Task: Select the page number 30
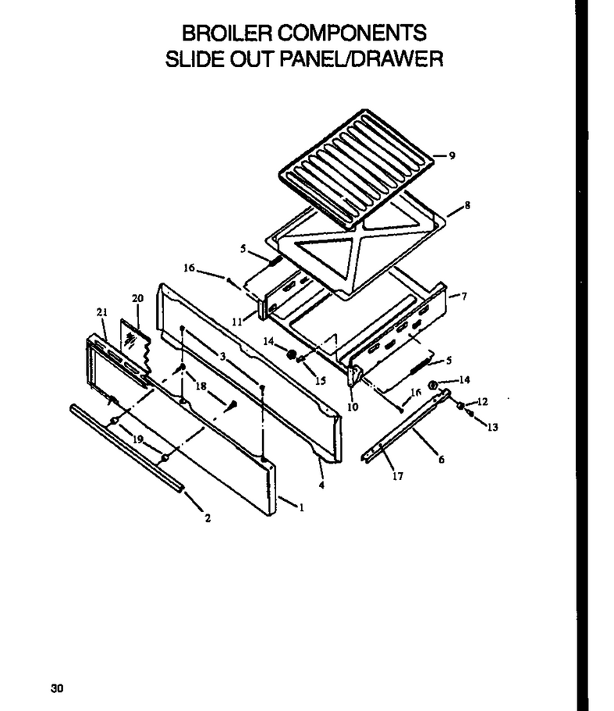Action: tap(57, 688)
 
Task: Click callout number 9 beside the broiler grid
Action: tap(452, 155)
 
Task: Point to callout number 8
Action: tap(467, 205)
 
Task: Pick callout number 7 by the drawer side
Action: tap(463, 297)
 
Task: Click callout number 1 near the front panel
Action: tap(301, 507)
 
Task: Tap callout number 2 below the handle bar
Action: tap(208, 518)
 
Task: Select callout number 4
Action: tap(321, 485)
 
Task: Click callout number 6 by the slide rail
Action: tap(442, 460)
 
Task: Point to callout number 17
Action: tap(398, 476)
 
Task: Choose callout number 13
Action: tap(492, 427)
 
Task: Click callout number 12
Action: tap(482, 402)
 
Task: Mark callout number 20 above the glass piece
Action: tap(138, 298)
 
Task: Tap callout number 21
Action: tap(102, 312)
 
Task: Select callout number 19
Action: tap(138, 439)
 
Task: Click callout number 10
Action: tap(353, 407)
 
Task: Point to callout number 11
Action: tap(237, 322)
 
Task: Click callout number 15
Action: tap(321, 380)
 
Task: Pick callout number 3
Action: tap(222, 357)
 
